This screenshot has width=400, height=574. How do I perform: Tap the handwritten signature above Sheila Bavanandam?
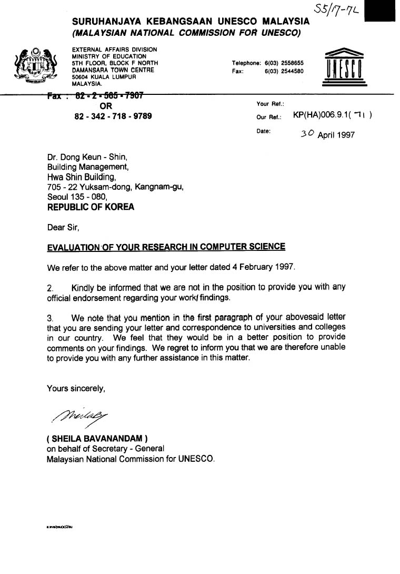coord(79,417)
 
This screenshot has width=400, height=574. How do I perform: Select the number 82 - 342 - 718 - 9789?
coord(113,115)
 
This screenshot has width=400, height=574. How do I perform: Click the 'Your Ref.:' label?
coord(270,104)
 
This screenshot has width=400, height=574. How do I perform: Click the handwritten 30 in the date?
coord(307,134)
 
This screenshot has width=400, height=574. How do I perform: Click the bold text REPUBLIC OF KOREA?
coord(91,207)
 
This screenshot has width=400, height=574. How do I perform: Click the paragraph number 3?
coord(51,318)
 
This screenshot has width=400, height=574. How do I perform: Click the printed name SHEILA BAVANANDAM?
coord(98,438)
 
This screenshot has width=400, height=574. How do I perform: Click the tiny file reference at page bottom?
coord(59,527)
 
